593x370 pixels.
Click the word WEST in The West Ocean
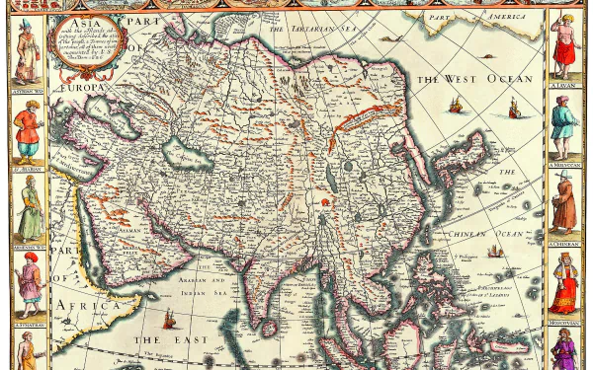point(465,77)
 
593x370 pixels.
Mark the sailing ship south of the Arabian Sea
point(168,318)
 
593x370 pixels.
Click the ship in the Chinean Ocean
point(495,251)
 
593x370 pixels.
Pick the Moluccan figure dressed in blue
point(565,124)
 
